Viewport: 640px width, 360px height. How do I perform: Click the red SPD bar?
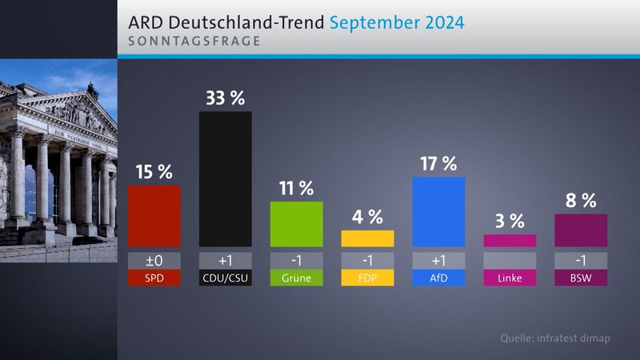(154, 216)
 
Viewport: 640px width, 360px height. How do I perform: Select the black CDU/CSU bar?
(225, 178)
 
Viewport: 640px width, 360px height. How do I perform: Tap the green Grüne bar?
(296, 224)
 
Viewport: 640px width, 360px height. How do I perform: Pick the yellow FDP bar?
(367, 238)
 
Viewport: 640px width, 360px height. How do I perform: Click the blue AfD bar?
(438, 211)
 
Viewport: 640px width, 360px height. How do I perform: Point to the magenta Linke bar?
(510, 240)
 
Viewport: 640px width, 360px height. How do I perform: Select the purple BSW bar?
(581, 230)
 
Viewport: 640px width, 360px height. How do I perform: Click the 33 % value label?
(225, 98)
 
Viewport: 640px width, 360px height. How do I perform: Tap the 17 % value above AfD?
(438, 164)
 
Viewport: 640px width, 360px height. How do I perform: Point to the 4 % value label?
(367, 217)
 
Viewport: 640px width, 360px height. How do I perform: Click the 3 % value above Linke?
(510, 221)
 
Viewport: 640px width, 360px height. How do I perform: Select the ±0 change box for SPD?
(154, 260)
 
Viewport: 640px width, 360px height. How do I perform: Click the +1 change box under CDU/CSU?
(225, 260)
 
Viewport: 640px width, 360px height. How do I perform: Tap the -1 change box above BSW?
(581, 260)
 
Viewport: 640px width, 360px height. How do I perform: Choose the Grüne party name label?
(296, 278)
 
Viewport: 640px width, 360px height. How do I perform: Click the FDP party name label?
(367, 278)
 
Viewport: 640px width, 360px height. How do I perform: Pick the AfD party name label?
(438, 278)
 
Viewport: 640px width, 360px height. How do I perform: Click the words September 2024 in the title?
(396, 22)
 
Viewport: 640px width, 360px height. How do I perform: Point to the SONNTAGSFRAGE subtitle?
(194, 41)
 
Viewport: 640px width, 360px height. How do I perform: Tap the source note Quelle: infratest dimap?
(554, 338)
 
